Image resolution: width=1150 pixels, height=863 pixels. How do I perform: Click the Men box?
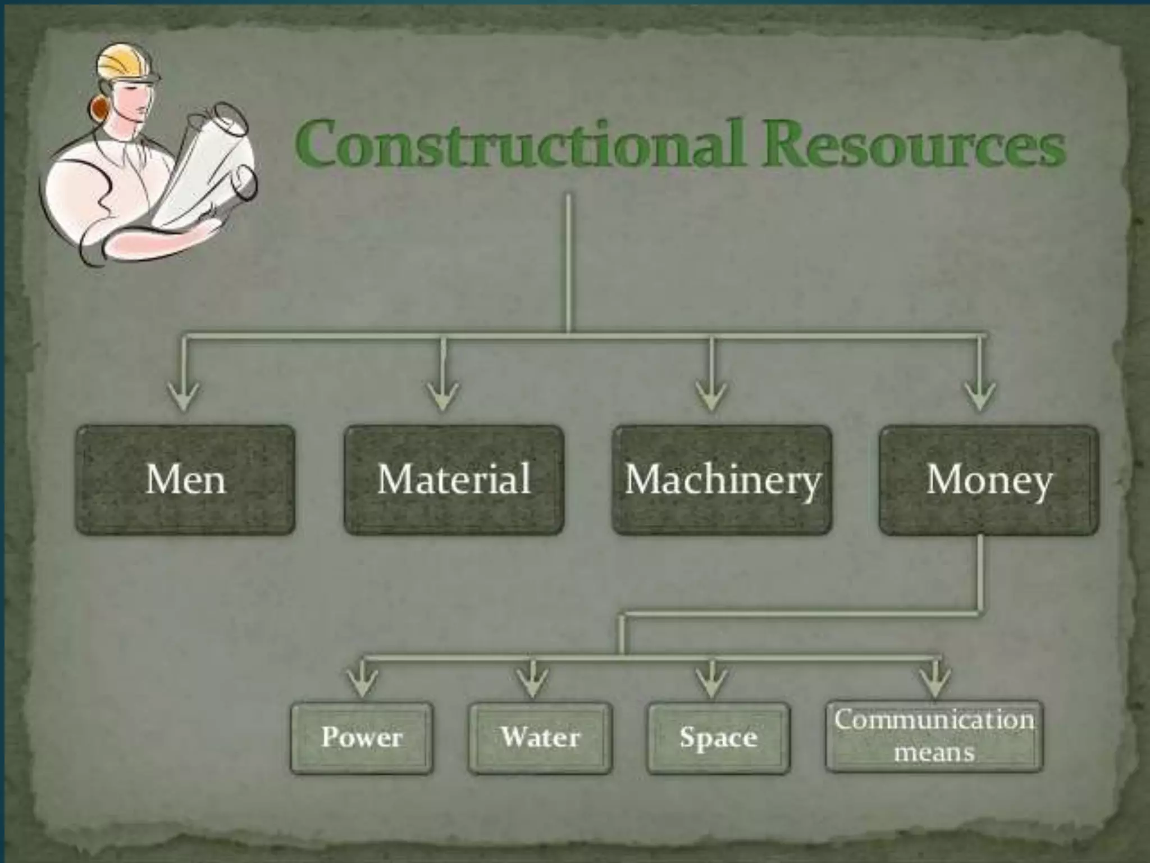click(185, 480)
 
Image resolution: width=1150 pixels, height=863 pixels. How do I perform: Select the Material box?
click(454, 480)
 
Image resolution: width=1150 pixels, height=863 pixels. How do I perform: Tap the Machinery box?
click(722, 480)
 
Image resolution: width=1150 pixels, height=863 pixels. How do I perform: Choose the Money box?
click(989, 480)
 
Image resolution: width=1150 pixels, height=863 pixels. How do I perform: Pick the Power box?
click(362, 737)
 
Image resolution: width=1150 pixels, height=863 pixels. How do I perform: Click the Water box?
click(540, 737)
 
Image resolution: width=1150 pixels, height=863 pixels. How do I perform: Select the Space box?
click(718, 737)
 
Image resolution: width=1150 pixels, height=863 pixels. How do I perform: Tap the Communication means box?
click(934, 735)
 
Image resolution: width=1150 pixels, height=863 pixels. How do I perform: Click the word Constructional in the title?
click(522, 143)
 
